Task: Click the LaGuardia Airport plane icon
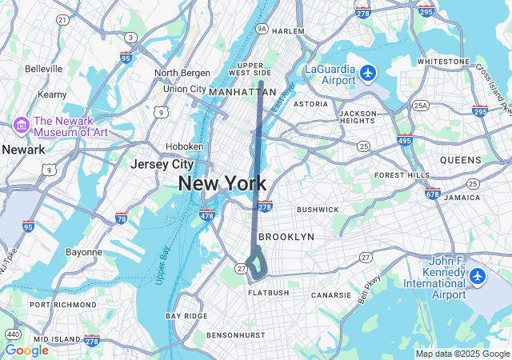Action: click(368, 74)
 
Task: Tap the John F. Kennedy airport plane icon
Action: click(478, 276)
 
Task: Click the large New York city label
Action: click(222, 183)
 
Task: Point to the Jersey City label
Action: click(162, 164)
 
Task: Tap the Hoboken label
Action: click(184, 146)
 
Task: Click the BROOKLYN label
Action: click(286, 237)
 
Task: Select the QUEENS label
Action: click(460, 160)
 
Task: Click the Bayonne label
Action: click(83, 252)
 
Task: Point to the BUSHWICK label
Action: click(318, 209)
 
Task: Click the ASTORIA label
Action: click(310, 104)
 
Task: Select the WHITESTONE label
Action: click(442, 62)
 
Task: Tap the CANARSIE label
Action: click(332, 295)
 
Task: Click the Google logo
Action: click(26, 350)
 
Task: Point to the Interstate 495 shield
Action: click(406, 140)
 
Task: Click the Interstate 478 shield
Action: click(206, 214)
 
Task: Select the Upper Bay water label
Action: click(162, 265)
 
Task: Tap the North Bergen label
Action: click(182, 73)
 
